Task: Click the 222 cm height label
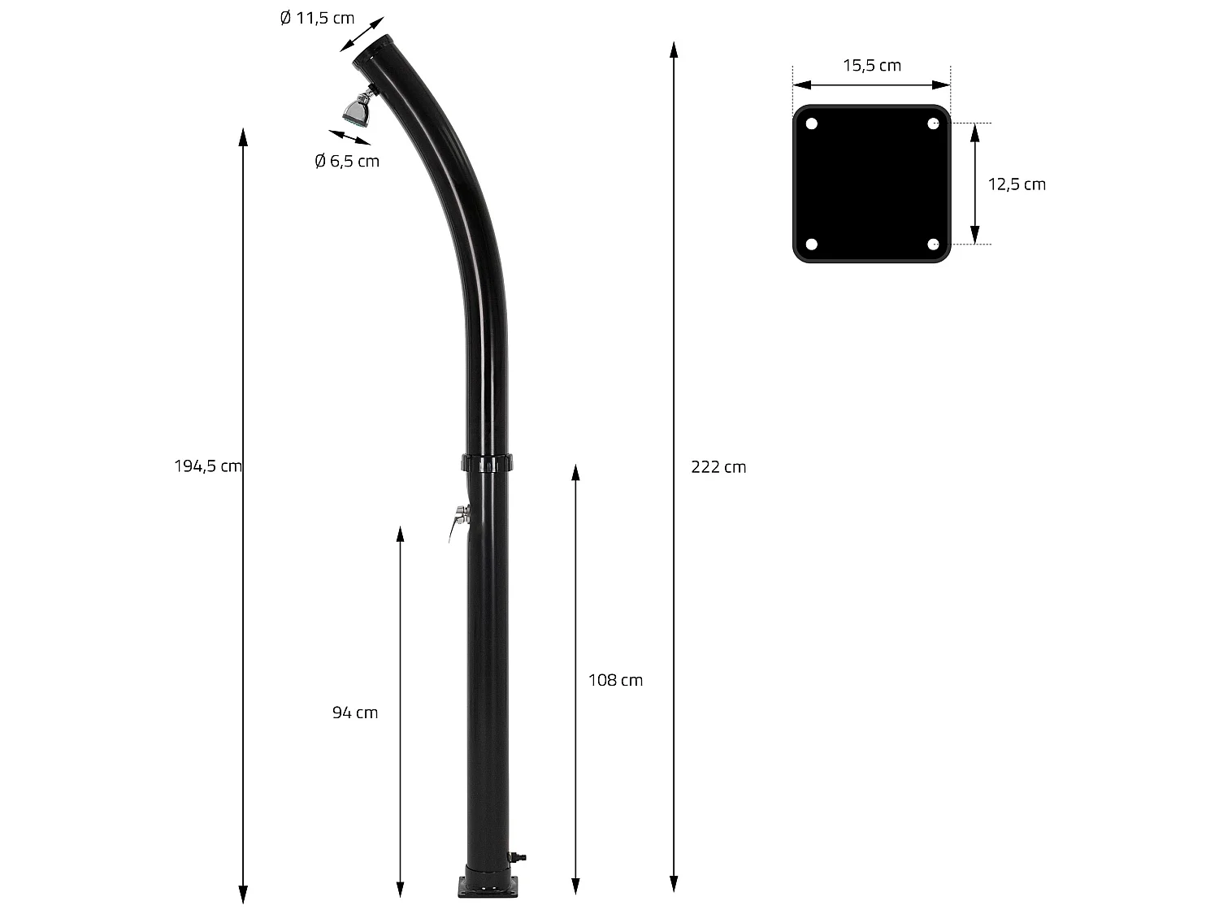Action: (x=718, y=467)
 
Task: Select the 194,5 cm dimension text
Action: (x=208, y=466)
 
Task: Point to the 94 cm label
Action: (x=355, y=713)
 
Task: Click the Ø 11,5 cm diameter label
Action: (x=317, y=19)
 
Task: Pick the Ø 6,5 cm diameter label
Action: (x=347, y=162)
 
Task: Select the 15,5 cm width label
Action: (x=872, y=66)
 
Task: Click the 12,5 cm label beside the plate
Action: (x=1017, y=184)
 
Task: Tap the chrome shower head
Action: (x=358, y=110)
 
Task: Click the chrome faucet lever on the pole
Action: (x=457, y=520)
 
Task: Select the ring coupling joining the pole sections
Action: (x=488, y=464)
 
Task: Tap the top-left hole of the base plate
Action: (x=811, y=124)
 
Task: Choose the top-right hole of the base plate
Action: (x=933, y=124)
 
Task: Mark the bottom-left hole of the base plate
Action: (x=811, y=244)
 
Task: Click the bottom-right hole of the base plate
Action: (x=933, y=244)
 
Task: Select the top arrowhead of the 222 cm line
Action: (x=674, y=49)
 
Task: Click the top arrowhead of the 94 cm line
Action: (x=400, y=533)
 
